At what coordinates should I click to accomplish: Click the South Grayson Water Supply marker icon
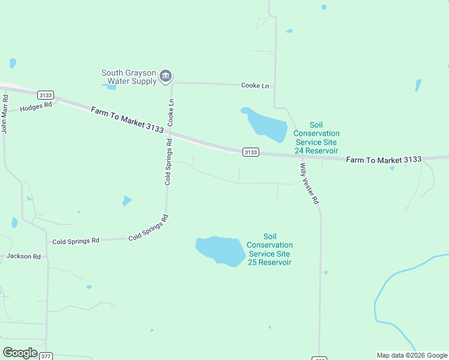click(x=166, y=77)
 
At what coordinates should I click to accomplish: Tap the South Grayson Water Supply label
click(x=128, y=77)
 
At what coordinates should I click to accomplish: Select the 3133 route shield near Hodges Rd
click(x=45, y=95)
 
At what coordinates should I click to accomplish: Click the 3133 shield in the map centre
click(x=251, y=152)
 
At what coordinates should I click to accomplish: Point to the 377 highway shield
click(x=46, y=356)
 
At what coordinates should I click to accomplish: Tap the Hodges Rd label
click(x=36, y=107)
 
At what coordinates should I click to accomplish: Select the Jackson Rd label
click(x=23, y=256)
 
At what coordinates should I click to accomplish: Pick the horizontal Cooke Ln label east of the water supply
click(x=255, y=86)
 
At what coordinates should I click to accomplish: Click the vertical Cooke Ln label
click(x=170, y=112)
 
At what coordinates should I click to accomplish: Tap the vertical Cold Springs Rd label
click(x=169, y=161)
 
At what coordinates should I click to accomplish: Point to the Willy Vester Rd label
click(x=309, y=183)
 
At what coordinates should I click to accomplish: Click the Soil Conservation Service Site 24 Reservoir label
click(x=316, y=137)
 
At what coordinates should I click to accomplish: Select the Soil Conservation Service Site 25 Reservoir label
click(x=270, y=249)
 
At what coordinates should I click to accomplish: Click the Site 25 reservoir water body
click(x=221, y=249)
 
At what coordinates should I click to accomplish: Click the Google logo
click(x=20, y=353)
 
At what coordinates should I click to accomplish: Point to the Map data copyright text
click(x=412, y=355)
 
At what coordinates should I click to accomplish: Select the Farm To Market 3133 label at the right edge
click(x=384, y=160)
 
